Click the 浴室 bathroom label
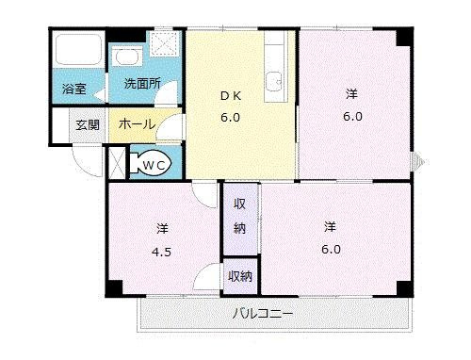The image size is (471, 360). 73,90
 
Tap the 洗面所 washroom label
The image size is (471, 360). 142,83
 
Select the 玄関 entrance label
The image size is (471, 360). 88,124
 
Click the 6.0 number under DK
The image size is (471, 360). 231,118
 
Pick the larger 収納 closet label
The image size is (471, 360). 241,216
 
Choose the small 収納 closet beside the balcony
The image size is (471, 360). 240,276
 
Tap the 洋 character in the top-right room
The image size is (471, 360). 350,92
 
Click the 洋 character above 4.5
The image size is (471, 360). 162,228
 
